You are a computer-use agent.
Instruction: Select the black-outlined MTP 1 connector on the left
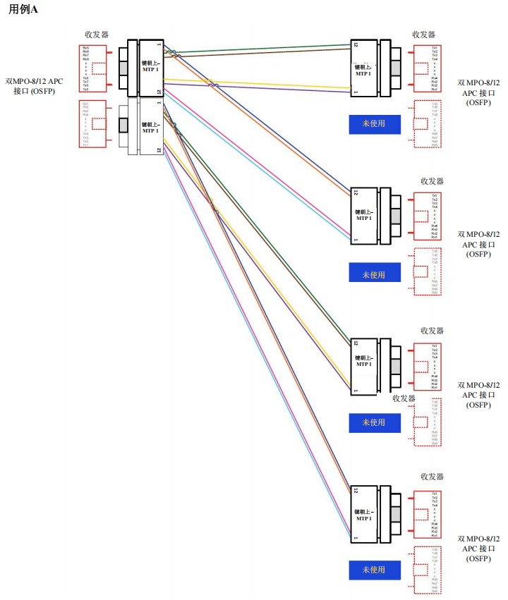pos(150,68)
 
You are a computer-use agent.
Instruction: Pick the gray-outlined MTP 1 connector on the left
pos(150,127)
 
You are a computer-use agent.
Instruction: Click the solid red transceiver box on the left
pos(93,69)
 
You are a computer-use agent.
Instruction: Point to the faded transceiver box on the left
pos(93,124)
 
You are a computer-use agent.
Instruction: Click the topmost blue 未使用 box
pos(375,124)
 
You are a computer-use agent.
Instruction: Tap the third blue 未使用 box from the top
pos(375,422)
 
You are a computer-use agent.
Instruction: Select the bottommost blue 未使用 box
pos(375,570)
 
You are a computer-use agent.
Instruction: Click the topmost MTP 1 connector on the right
pos(365,68)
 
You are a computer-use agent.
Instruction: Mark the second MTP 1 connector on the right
pos(365,215)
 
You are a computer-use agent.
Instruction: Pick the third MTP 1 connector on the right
pos(365,365)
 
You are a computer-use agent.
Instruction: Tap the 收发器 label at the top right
pos(423,35)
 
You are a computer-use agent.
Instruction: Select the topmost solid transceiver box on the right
pos(428,69)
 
